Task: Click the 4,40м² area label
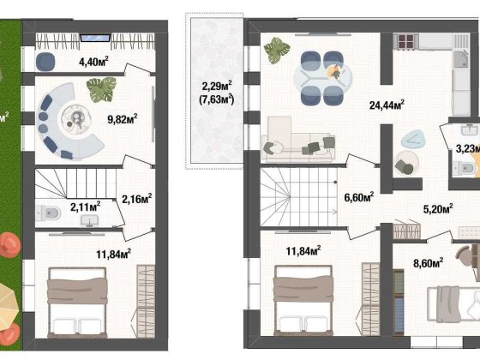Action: [x=93, y=61]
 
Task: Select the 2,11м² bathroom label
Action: [x=84, y=205]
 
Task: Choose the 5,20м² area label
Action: [x=438, y=207]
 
